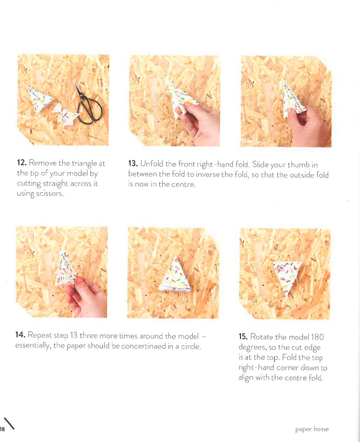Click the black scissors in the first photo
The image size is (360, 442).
pyautogui.click(x=88, y=103)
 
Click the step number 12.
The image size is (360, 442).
pyautogui.click(x=22, y=164)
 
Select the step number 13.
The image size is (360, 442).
pyautogui.click(x=133, y=164)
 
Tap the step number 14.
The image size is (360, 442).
pyautogui.click(x=21, y=335)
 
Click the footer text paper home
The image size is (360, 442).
pyautogui.click(x=312, y=429)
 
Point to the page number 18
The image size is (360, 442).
pyautogui.click(x=2, y=429)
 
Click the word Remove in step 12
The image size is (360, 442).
pyautogui.click(x=42, y=164)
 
